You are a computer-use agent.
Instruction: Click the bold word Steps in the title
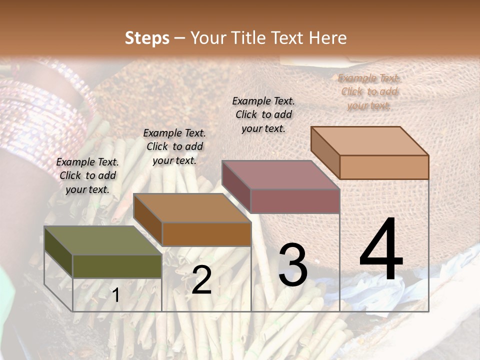pyautogui.click(x=147, y=38)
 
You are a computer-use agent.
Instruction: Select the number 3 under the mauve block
pyautogui.click(x=293, y=265)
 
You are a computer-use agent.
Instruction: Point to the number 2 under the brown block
pyautogui.click(x=201, y=280)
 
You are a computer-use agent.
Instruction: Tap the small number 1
pyautogui.click(x=116, y=295)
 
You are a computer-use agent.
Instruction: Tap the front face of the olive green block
pyautogui.click(x=117, y=266)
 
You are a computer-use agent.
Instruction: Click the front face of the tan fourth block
pyautogui.click(x=384, y=167)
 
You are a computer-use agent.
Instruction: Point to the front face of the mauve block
pyautogui.click(x=295, y=201)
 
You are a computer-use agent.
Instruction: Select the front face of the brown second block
pyautogui.click(x=206, y=234)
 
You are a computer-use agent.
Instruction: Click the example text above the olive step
pyautogui.click(x=87, y=175)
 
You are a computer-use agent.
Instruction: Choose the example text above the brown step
pyautogui.click(x=174, y=146)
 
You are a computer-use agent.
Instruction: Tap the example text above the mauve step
pyautogui.click(x=263, y=114)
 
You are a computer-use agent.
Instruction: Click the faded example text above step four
pyautogui.click(x=369, y=91)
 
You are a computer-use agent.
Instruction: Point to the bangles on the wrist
pyautogui.click(x=45, y=120)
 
